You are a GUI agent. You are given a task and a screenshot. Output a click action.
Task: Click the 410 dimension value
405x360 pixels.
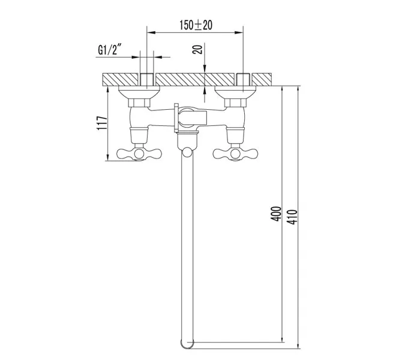pyautogui.click(x=293, y=214)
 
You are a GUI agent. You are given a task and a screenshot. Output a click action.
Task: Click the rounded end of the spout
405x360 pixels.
pyautogui.click(x=187, y=345)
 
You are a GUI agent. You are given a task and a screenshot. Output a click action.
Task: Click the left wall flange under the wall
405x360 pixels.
pyautogui.click(x=139, y=92)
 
